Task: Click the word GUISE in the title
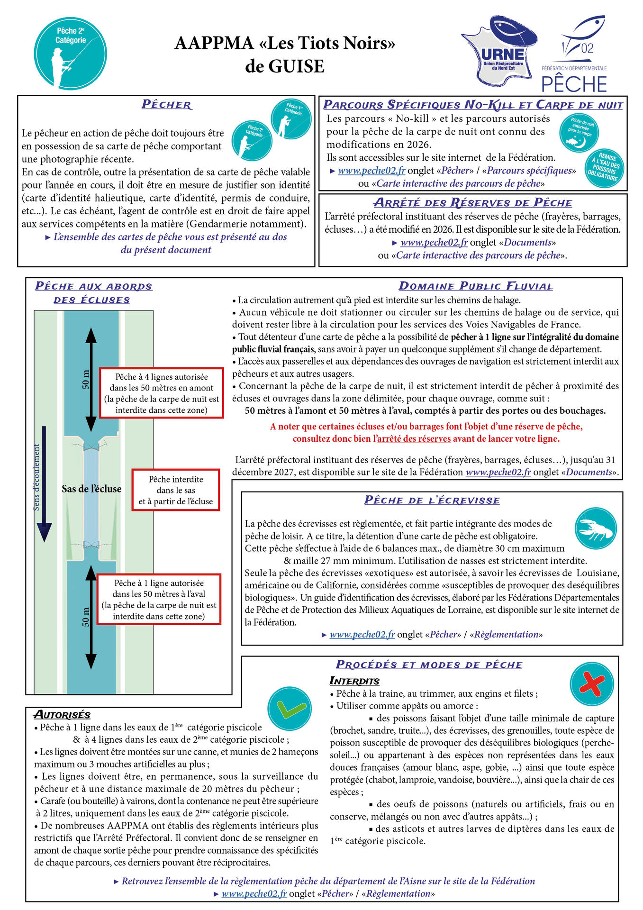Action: pos(285,66)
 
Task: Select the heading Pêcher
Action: pos(167,105)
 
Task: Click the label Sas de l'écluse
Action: pos(91,489)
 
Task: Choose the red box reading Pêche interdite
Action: pos(175,490)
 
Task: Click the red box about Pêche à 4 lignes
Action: pos(161,393)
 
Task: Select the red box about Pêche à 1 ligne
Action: pos(159,599)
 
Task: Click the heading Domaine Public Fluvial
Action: pos(476,286)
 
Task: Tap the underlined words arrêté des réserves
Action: pos(414,438)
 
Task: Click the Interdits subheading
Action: pos(354,681)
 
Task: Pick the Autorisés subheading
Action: pos(62,715)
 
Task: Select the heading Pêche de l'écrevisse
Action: pos(432,500)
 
